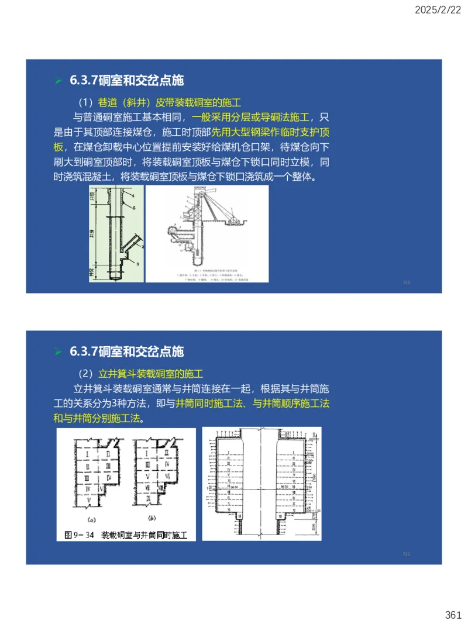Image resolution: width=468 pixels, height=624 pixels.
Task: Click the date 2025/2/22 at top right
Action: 438,10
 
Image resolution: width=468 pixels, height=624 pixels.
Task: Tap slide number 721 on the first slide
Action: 406,283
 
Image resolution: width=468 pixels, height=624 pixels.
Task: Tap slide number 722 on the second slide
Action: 406,554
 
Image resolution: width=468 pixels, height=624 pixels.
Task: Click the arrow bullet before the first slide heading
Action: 58,80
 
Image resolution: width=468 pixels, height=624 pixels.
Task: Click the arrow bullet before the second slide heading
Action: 58,351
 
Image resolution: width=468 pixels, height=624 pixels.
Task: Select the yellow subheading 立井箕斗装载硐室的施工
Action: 150,373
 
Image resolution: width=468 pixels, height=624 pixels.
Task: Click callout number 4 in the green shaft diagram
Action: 133,194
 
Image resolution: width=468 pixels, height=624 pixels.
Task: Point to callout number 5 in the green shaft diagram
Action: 134,208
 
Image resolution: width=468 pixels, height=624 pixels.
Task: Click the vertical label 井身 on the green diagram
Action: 92,234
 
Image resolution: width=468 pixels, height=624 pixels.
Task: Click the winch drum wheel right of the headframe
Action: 234,220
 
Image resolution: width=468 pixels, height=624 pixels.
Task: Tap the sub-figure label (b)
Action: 151,518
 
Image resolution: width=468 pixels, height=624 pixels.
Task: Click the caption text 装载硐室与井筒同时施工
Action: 144,535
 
